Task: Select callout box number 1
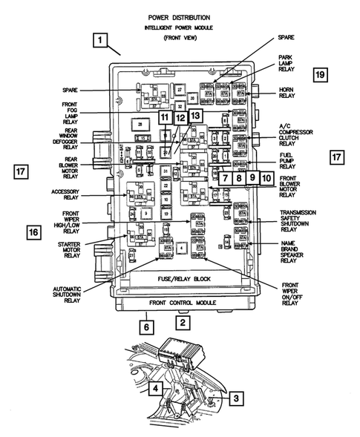click(x=100, y=42)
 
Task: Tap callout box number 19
click(x=319, y=75)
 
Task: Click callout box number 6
click(x=146, y=325)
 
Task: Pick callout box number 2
click(x=183, y=322)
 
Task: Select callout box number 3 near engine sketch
click(x=235, y=398)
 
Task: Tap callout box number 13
click(x=194, y=117)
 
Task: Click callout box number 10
click(x=266, y=177)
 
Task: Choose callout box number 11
click(x=164, y=118)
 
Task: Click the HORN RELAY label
click(x=287, y=91)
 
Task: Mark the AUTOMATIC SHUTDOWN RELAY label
click(x=72, y=295)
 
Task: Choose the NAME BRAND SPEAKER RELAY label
click(x=292, y=252)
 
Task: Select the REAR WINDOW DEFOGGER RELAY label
click(x=73, y=138)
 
